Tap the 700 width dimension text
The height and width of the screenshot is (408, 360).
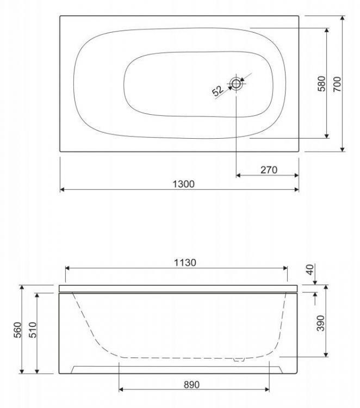(337, 84)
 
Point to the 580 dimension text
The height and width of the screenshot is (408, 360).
(321, 84)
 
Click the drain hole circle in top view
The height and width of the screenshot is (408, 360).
(237, 84)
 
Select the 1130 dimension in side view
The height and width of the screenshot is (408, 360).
(185, 262)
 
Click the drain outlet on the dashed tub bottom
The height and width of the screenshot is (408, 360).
(237, 358)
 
